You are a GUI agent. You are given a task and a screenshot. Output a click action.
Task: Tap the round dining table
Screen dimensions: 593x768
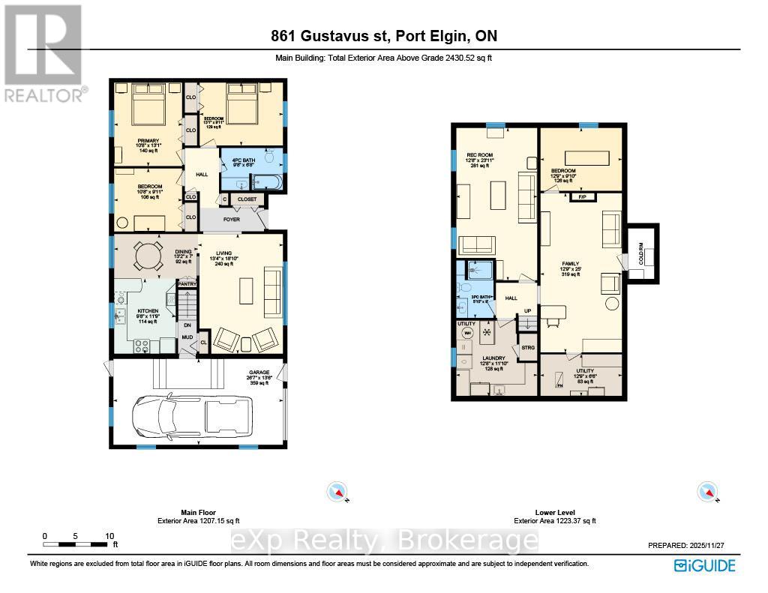(x=147, y=257)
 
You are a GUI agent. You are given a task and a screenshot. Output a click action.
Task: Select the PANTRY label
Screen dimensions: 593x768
(x=187, y=284)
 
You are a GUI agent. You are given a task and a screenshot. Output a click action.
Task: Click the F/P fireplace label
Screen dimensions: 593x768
(x=581, y=196)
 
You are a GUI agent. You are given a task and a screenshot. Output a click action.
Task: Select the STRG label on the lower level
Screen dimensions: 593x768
(x=528, y=347)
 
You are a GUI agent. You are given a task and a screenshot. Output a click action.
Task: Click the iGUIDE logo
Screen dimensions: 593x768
(x=704, y=565)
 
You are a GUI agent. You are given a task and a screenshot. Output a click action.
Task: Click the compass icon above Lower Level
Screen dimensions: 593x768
(x=707, y=492)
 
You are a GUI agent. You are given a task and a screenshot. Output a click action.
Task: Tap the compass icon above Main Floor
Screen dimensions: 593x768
(x=337, y=492)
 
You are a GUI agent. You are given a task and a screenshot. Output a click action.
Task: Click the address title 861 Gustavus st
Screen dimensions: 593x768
(x=383, y=36)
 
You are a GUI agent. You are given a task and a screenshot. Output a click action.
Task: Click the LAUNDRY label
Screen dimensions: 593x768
(x=493, y=358)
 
